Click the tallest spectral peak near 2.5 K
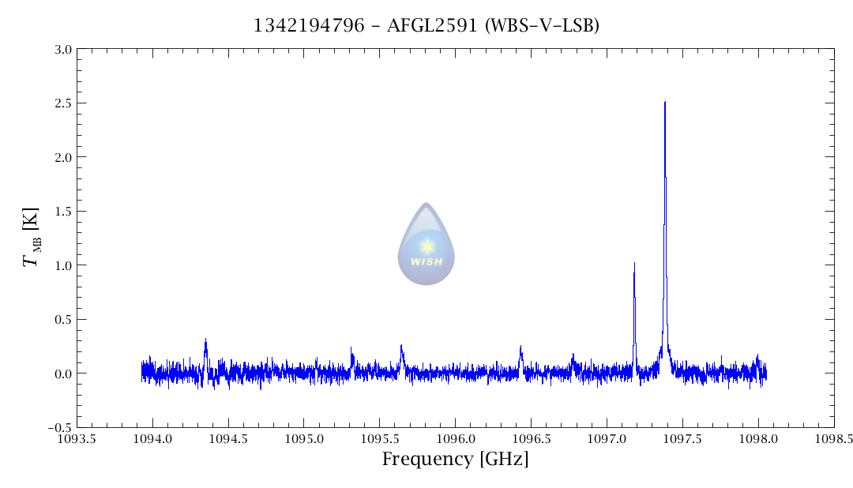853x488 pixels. point(665,103)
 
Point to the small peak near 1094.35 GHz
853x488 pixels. point(205,340)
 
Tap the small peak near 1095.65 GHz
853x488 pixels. point(401,346)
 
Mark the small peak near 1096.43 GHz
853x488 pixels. point(520,347)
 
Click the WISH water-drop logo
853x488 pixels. point(426,244)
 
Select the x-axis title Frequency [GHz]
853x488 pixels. point(455,460)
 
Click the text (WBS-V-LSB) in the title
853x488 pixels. point(543,26)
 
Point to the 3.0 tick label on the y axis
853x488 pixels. point(63,50)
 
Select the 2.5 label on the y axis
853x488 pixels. point(63,103)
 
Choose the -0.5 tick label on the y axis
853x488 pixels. point(59,427)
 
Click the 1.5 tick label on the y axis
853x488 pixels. point(63,212)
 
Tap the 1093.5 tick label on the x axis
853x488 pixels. point(77,439)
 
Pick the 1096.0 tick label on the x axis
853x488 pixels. point(456,439)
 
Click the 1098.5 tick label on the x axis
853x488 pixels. point(834,439)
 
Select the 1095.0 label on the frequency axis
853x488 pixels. point(304,439)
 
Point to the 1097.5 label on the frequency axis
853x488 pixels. point(683,439)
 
